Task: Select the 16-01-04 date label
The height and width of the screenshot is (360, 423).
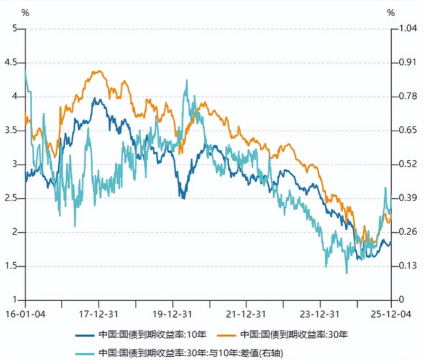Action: [25, 313]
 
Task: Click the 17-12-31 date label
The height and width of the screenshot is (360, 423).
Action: [99, 313]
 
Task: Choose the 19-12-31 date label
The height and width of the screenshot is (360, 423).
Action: [173, 313]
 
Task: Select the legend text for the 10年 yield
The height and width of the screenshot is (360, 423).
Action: [152, 335]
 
